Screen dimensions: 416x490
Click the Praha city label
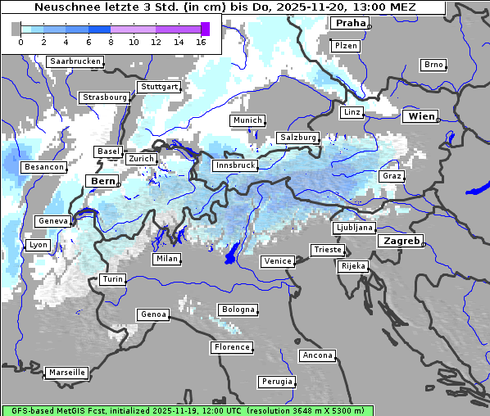tap(350, 23)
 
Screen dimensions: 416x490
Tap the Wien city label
tap(422, 116)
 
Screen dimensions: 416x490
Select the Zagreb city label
tap(401, 242)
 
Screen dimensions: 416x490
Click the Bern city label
tap(103, 181)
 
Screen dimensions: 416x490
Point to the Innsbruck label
tap(235, 165)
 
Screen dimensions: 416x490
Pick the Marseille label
tap(66, 373)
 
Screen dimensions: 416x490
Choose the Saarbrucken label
tap(75, 61)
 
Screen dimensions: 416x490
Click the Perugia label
tap(276, 382)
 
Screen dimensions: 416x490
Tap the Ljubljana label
tap(354, 228)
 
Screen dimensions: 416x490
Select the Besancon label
tap(44, 167)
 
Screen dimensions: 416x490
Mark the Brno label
tap(433, 65)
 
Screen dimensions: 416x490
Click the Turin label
tap(113, 279)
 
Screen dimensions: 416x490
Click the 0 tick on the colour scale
tap(20, 42)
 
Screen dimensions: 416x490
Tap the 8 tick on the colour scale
tap(111, 42)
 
